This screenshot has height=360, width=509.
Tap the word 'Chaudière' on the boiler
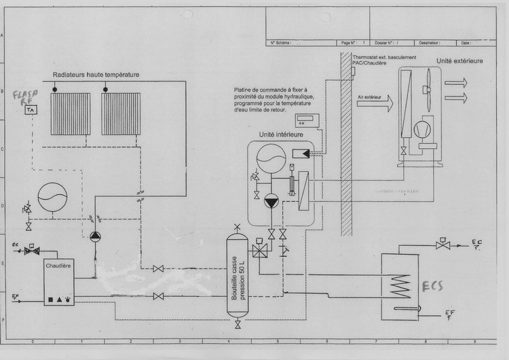pos(59,266)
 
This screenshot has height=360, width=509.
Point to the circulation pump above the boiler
pos(94,235)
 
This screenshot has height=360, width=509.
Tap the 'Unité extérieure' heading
pos(459,60)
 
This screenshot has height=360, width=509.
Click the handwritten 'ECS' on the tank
pos(431,286)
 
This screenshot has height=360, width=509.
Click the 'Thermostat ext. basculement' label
pos(384,58)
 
